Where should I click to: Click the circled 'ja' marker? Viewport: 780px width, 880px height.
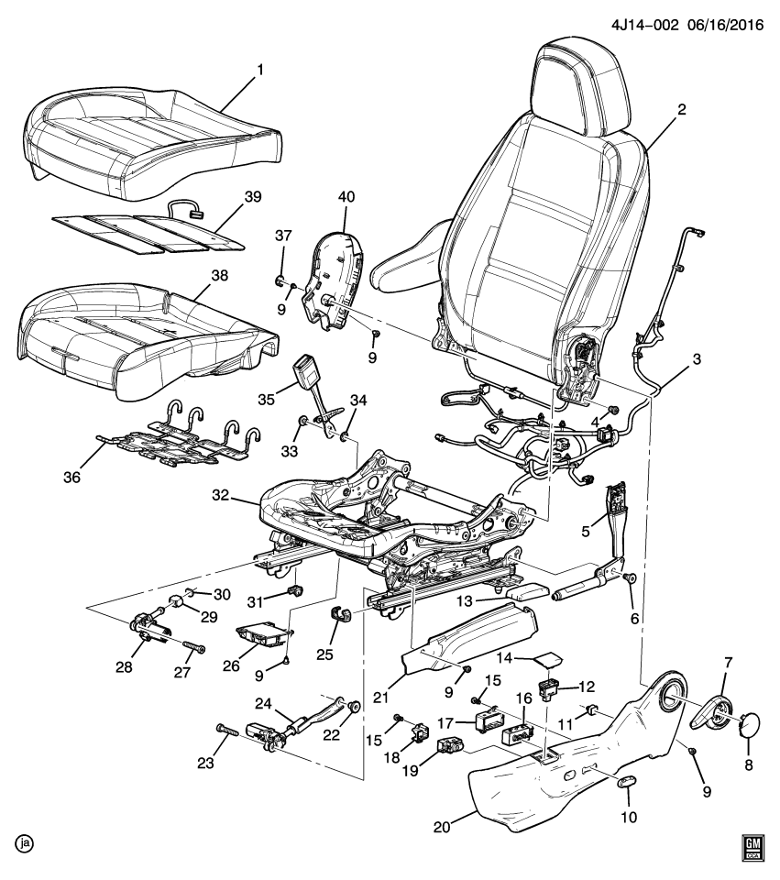coord(18,841)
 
